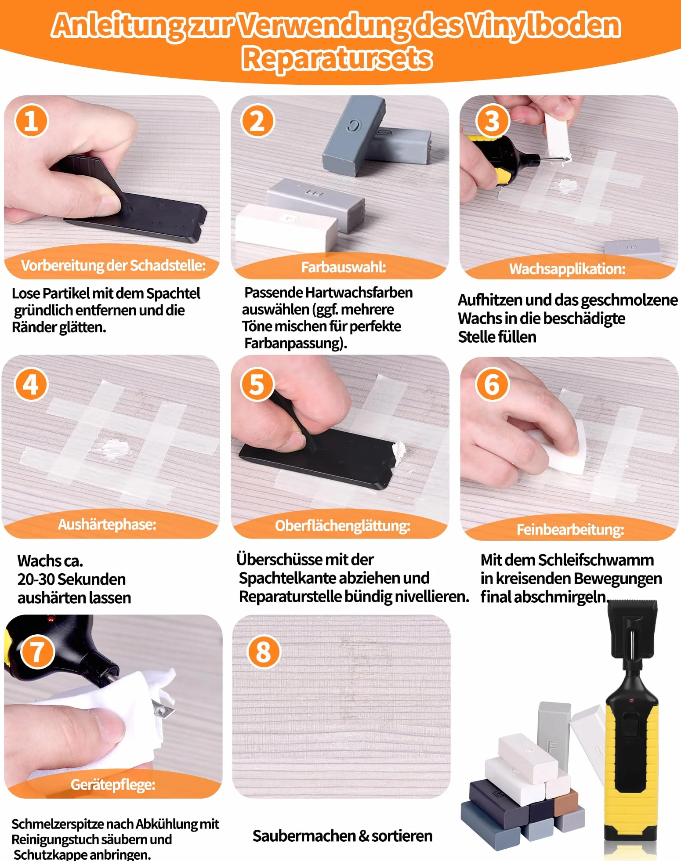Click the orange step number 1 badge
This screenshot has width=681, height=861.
(x=31, y=121)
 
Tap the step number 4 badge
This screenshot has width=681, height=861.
(x=31, y=384)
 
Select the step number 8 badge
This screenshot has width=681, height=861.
(x=264, y=652)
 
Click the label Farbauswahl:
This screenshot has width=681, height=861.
(x=344, y=267)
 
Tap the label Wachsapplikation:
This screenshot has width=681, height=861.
(x=567, y=269)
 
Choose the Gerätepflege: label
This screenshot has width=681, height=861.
(x=113, y=785)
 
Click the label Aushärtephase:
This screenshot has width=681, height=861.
(x=107, y=524)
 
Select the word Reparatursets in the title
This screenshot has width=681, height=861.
(x=337, y=58)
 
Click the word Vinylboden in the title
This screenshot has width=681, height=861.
(x=543, y=25)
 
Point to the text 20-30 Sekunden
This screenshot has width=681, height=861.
(x=72, y=579)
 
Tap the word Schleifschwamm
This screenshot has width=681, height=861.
(x=596, y=560)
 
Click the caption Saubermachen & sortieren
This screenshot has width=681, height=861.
(x=342, y=836)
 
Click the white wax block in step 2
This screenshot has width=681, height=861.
(x=286, y=224)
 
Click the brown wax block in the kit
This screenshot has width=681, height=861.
(x=565, y=801)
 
